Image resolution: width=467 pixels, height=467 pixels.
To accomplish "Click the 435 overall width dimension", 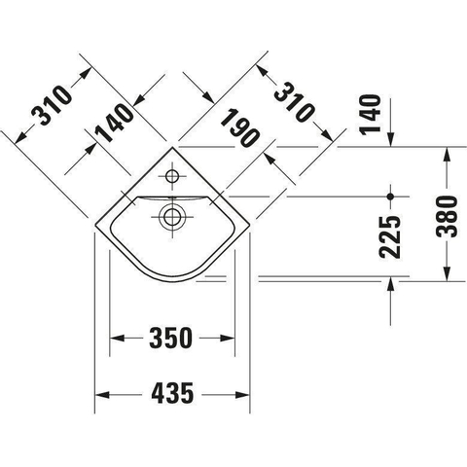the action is coord(172,394).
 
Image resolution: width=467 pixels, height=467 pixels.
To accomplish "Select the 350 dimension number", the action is coord(171,338).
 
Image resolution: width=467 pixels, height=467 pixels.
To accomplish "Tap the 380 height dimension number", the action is coord(447,216).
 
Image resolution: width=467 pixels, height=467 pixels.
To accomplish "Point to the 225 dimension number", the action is coord(390,237).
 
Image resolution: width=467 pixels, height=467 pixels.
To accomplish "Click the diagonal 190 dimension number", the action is coord(239,127).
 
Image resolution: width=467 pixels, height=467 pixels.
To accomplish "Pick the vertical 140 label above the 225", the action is coord(370,114).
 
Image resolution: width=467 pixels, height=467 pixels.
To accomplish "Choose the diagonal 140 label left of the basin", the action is coord(114,124).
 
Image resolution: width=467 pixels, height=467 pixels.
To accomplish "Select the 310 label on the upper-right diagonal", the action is coord(294,102).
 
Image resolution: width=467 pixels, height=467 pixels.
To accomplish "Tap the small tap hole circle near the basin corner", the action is coord(172,176).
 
